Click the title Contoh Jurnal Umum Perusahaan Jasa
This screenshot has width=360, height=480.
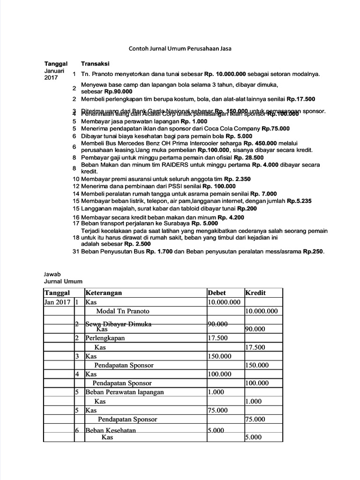180,48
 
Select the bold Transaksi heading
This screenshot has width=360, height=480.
95,64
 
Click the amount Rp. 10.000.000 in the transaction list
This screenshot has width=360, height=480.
226,74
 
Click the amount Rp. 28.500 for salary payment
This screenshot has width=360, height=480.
249,157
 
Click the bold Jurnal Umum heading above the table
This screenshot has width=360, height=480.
63,281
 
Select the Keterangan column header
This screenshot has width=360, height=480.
103,292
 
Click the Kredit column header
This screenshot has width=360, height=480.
255,292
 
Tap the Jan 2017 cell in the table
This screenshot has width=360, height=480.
57,302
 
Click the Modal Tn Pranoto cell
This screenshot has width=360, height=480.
123,311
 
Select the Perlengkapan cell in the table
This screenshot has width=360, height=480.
105,338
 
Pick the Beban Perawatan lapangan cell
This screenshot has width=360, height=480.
124,392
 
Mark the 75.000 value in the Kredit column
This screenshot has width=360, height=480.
255,419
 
